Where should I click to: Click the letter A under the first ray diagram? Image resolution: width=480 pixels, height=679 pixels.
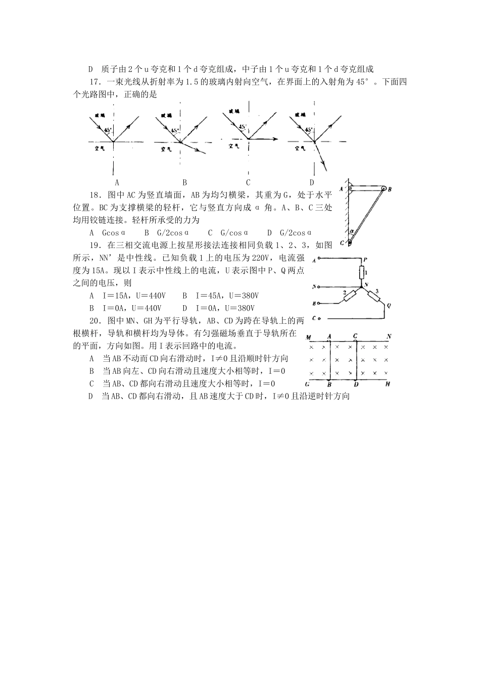point(117,182)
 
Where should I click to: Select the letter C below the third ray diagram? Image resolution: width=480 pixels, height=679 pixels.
point(248,182)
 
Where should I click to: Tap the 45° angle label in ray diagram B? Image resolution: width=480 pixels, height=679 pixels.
point(175,130)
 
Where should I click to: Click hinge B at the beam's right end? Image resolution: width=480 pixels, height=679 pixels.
point(384,189)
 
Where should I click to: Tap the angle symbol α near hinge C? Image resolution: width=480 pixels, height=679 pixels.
point(352,231)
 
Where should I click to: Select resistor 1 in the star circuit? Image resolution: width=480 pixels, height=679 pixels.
point(362,273)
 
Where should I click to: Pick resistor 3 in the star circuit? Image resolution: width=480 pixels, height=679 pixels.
point(375,297)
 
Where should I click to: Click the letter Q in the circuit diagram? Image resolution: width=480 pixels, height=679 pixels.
point(389,305)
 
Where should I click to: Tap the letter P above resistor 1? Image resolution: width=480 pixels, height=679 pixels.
point(365,259)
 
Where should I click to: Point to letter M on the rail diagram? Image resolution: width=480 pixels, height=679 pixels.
point(308,337)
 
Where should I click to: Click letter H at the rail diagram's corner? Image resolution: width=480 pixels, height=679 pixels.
point(388,384)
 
